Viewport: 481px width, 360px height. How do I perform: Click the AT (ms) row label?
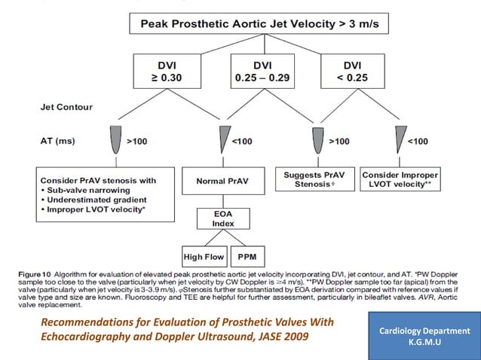point(57,141)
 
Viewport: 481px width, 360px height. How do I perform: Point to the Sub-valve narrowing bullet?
point(91,191)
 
